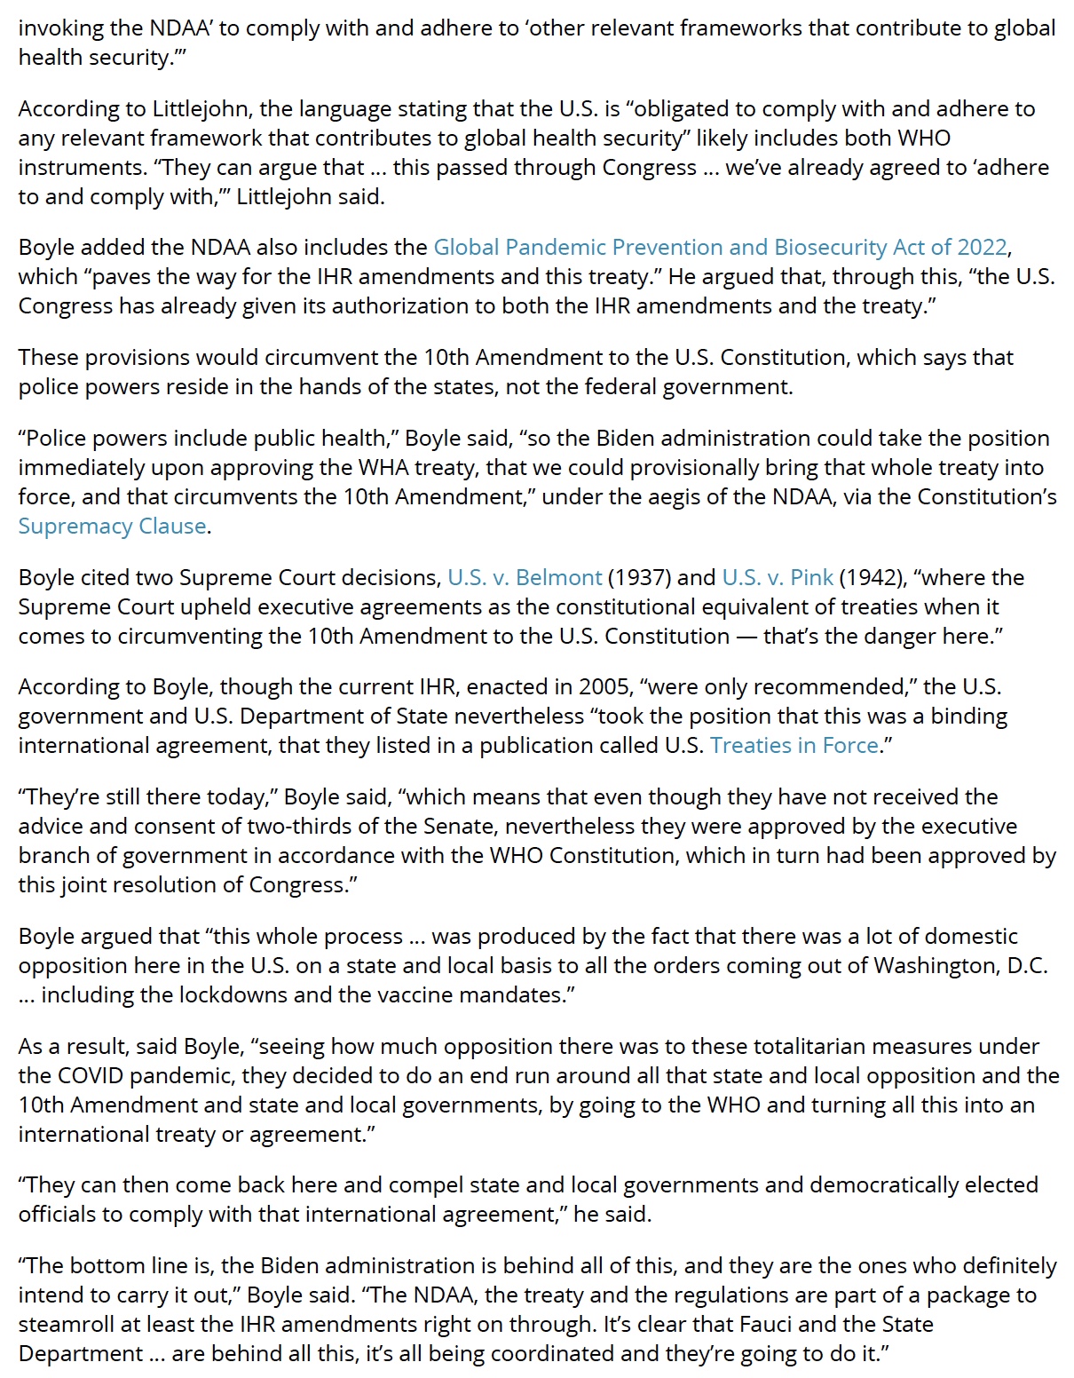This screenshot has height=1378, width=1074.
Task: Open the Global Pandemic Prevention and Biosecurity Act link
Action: point(721,247)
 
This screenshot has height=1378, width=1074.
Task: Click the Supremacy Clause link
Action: point(113,526)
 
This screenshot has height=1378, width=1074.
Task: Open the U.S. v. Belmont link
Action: point(525,577)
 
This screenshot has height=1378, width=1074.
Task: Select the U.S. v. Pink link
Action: point(778,577)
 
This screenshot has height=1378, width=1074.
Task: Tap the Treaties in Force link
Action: point(794,745)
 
